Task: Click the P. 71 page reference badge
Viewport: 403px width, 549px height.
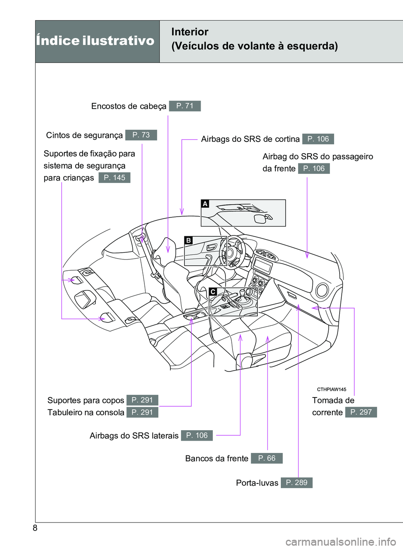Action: point(185,106)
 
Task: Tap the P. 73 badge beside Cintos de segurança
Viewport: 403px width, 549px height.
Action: point(141,135)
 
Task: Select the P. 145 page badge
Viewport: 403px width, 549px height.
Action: point(115,178)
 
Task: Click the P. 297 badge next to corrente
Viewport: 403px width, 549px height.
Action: point(361,412)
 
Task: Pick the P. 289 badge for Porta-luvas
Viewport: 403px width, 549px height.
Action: point(297,483)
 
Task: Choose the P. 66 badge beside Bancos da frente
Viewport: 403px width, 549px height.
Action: point(267,458)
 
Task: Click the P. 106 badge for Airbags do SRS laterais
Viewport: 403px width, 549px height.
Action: point(197,436)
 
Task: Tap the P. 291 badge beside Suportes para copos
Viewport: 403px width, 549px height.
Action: point(142,400)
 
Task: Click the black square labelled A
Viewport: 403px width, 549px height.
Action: point(205,204)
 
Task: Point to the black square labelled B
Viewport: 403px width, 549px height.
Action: point(188,241)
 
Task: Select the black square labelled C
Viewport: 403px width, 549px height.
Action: point(213,292)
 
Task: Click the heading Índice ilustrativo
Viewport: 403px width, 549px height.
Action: point(95,41)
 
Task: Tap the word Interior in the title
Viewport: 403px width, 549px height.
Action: point(190,32)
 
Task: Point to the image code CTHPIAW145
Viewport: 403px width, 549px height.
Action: point(331,390)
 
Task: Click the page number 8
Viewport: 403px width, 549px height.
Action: point(35,528)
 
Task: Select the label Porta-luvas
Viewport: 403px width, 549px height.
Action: point(257,483)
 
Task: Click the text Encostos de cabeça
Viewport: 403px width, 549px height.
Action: point(128,106)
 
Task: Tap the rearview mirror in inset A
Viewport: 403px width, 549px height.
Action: point(261,218)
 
